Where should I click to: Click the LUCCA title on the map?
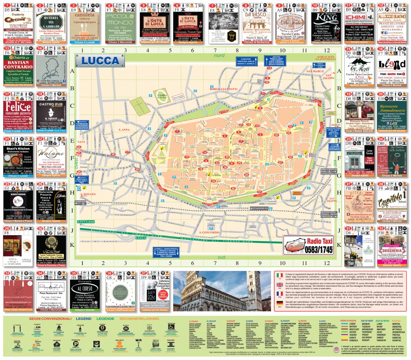coord(101,60)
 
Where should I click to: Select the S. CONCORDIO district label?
coord(209,233)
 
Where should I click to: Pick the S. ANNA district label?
coord(124,130)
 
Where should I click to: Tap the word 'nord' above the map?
coord(219,56)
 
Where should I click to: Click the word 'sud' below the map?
coord(221,257)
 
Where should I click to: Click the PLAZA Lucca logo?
coord(51,287)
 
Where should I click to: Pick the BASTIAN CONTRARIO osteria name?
coord(18,65)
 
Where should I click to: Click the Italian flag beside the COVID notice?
coord(279,276)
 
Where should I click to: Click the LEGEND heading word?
coord(84,319)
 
